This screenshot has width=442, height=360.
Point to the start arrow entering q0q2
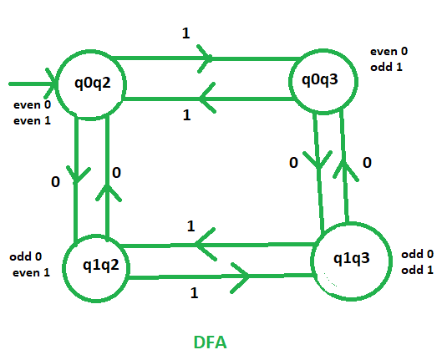coord(33,84)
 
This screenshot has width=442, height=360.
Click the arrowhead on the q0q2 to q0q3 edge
coord(204,58)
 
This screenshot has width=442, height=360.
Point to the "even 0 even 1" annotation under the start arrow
coord(31,113)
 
